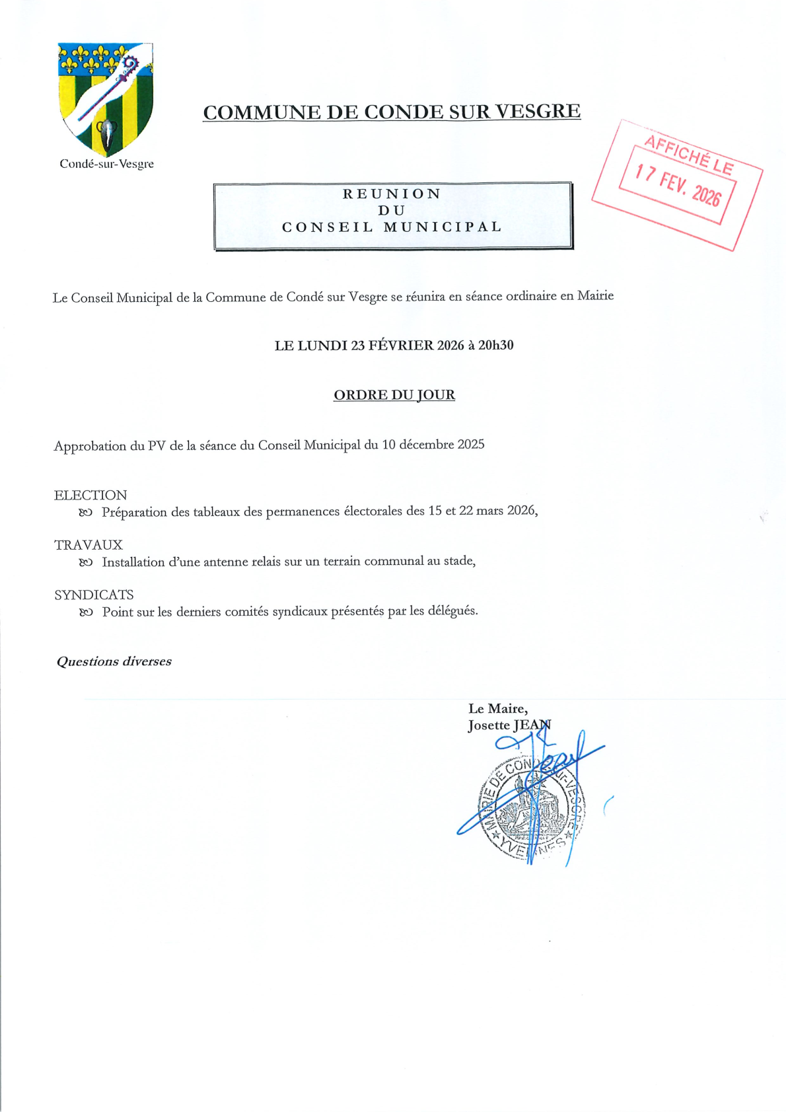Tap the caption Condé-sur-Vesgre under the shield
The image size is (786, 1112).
point(106,164)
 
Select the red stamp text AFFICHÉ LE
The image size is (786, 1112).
point(688,154)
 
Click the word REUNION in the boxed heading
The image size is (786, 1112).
point(392,194)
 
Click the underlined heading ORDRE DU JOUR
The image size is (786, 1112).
point(394,395)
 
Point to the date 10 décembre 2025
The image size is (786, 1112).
point(433,445)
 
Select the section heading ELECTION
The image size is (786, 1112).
point(90,495)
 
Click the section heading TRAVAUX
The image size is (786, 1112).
point(89,545)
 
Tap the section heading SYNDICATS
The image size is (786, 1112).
point(94,595)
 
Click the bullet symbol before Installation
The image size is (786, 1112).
point(85,563)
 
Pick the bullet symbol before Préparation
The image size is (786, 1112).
point(85,513)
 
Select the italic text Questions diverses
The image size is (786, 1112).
point(114,661)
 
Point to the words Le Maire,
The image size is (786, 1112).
point(497,708)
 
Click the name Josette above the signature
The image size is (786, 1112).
point(489,725)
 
